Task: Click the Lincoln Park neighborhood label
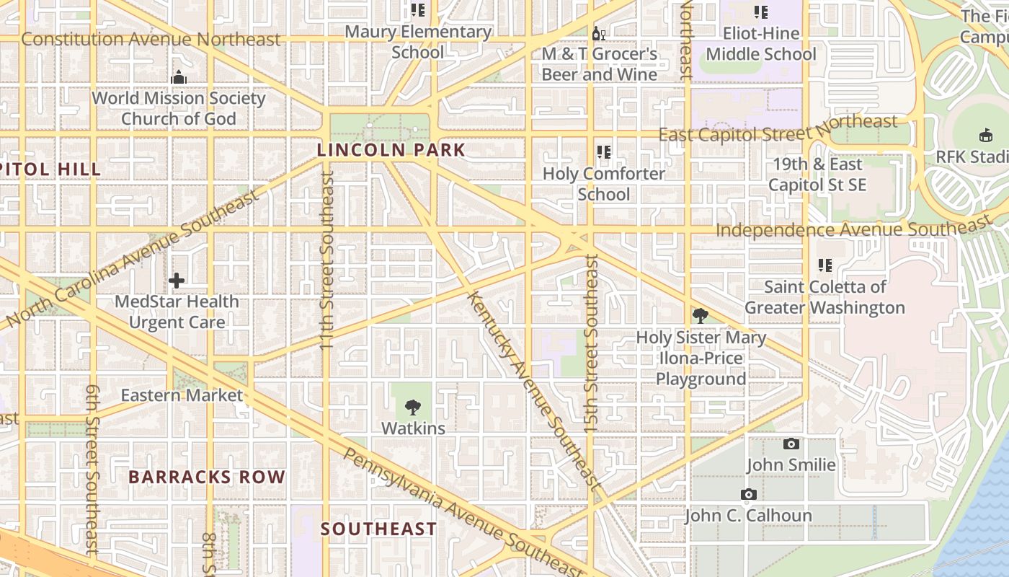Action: (391, 151)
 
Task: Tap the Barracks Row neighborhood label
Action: (207, 477)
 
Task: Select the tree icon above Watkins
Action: (413, 408)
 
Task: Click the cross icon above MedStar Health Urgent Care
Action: (177, 281)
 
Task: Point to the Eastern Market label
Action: (182, 395)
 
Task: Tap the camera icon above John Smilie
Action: (791, 444)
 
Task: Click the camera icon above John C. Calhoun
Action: (749, 495)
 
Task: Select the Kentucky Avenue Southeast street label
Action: (533, 390)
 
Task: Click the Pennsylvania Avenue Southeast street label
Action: (461, 513)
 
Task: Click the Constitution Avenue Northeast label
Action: (151, 39)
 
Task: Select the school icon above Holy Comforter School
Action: (604, 152)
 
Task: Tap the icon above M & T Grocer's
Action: (599, 33)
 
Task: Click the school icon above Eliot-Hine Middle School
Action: (761, 12)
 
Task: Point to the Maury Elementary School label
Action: (418, 42)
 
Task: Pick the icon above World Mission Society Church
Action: (179, 77)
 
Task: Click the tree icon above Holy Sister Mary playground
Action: (700, 316)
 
